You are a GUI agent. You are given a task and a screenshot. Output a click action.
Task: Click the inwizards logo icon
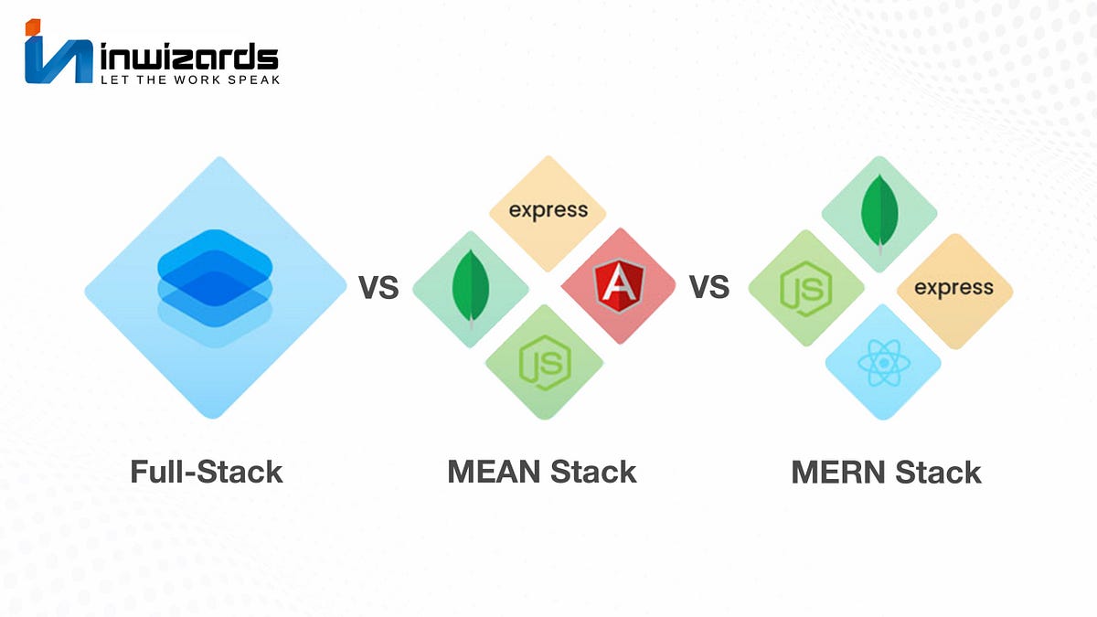click(58, 57)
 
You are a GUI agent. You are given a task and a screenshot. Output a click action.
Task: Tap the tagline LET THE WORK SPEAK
click(188, 80)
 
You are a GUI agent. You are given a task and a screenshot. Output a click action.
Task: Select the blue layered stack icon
click(216, 286)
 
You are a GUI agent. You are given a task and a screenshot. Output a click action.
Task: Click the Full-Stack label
click(207, 472)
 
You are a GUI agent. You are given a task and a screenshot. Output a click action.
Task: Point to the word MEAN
click(491, 472)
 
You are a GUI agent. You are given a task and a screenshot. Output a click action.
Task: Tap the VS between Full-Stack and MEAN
click(378, 288)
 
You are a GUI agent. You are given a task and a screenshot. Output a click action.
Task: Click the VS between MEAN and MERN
click(708, 288)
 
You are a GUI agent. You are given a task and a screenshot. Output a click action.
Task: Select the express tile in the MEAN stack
click(548, 210)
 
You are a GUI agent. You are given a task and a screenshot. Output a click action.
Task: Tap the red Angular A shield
click(618, 285)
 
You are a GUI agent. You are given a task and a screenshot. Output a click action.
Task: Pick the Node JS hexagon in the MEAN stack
click(544, 363)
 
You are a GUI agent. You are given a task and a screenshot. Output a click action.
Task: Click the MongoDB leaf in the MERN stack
click(879, 212)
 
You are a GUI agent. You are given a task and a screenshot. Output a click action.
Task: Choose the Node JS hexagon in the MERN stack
click(805, 288)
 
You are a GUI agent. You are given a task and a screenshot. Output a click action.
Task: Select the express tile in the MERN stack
click(953, 289)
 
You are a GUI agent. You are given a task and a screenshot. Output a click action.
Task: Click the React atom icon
click(881, 364)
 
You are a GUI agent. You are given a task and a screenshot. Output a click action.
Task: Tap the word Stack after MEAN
click(592, 472)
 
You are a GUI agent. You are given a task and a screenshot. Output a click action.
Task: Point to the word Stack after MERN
click(939, 472)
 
